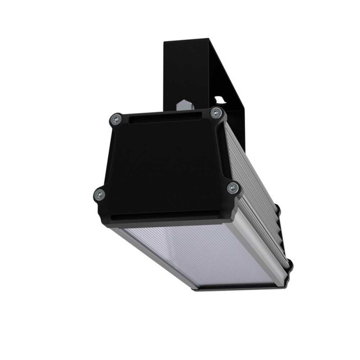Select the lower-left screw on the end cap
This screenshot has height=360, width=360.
pyautogui.click(x=99, y=195)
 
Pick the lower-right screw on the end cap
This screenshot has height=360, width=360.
pyautogui.click(x=233, y=188)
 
